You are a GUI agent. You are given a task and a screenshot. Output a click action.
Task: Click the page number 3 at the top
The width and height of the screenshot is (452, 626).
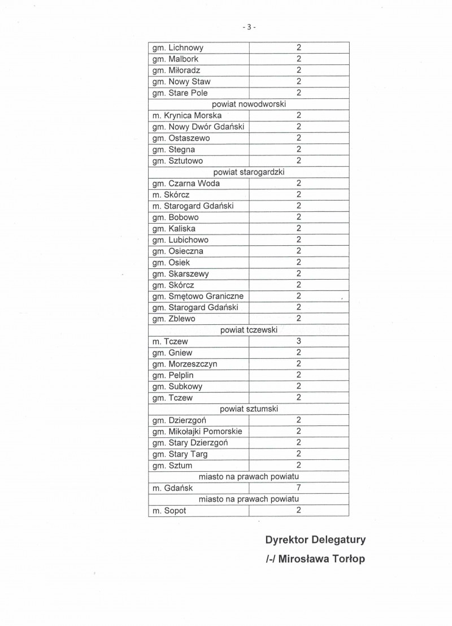(249, 27)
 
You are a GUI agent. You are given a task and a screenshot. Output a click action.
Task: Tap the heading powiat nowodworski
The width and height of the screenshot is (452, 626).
(249, 105)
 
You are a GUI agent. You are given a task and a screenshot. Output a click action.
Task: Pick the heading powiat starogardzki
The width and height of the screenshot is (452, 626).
(249, 172)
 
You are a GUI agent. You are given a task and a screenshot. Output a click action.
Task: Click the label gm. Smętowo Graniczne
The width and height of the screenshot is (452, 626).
(198, 296)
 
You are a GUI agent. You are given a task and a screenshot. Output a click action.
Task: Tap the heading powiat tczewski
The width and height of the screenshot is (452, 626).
(249, 330)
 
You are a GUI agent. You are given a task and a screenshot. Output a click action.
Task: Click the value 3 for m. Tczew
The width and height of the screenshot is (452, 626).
(298, 341)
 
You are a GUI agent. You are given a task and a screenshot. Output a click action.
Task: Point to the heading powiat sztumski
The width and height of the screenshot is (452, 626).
(249, 409)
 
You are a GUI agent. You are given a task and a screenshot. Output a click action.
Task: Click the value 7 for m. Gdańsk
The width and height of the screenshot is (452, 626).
(298, 488)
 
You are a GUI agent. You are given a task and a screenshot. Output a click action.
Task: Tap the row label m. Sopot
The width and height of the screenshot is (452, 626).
(169, 511)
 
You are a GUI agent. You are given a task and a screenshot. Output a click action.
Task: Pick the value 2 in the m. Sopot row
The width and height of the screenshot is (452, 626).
(298, 511)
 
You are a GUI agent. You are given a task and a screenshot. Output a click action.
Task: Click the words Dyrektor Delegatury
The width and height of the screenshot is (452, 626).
(315, 540)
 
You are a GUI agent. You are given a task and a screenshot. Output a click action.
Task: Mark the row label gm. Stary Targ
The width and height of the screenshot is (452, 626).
(180, 454)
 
